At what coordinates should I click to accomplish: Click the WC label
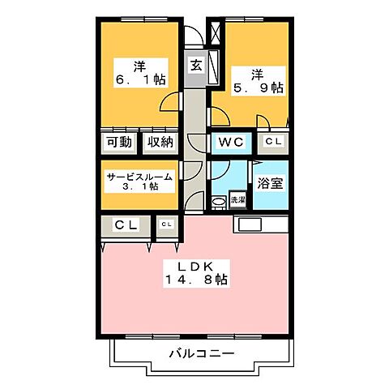tap(231, 143)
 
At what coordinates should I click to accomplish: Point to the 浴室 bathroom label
tap(271, 182)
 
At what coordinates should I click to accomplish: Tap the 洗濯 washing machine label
tap(237, 199)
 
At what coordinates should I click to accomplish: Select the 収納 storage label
tap(160, 143)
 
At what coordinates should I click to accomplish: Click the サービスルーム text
tap(139, 174)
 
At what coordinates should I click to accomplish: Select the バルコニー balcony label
tap(203, 353)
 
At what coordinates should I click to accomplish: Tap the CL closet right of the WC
tap(274, 142)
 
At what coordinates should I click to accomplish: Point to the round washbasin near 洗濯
tap(217, 201)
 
